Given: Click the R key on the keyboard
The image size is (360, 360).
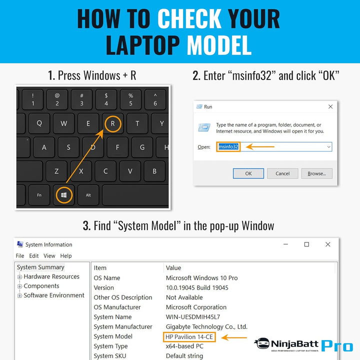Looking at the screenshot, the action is click(x=112, y=123).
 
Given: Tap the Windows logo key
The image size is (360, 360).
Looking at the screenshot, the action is click(x=64, y=195).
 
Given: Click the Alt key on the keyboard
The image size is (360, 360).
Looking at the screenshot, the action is click(x=88, y=195).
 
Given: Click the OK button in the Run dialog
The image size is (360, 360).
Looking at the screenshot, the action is click(x=248, y=173).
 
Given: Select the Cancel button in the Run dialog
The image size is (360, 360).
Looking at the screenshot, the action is click(x=282, y=173).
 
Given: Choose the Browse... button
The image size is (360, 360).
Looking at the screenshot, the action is click(x=317, y=173).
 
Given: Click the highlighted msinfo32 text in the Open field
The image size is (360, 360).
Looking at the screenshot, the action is click(x=228, y=146).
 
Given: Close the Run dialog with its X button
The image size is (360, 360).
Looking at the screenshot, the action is click(x=330, y=106).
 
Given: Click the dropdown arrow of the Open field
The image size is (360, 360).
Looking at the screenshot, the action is click(x=329, y=147).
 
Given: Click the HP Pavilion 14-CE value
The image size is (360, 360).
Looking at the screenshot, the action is click(x=189, y=337).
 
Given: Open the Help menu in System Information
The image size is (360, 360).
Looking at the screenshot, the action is click(x=66, y=256).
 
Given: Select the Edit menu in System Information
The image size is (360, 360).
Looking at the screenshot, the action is click(x=34, y=256).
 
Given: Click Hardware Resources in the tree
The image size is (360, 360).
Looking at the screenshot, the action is click(x=51, y=276).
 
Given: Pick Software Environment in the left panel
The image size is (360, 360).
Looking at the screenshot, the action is click(x=54, y=295).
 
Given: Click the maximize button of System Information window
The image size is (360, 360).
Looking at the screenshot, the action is click(x=306, y=244).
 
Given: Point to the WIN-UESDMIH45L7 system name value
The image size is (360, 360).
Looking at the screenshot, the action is click(x=193, y=317).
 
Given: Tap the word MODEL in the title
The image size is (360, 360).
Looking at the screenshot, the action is click(x=219, y=45).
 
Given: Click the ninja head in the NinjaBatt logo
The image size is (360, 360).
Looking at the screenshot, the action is click(x=262, y=343).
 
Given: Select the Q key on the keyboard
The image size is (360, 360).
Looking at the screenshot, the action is click(x=39, y=123).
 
